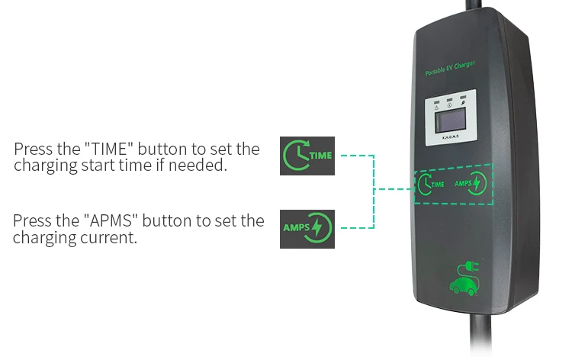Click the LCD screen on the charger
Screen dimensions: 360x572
coord(450,121)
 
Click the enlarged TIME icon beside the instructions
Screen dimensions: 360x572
coord(307,156)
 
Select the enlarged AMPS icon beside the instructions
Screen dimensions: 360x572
coord(307,227)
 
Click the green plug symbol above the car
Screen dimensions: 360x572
coord(468,267)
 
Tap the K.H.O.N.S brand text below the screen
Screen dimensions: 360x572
coord(450,138)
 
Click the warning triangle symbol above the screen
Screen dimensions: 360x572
coord(436,106)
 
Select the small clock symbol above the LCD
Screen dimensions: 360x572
coord(450,105)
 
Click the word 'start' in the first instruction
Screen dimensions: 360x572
coord(98,165)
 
